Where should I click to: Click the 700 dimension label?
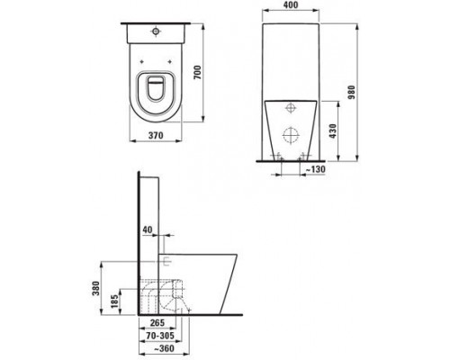[x=197, y=72]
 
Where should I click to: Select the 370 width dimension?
[x=156, y=135]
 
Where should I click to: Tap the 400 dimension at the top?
[x=291, y=5]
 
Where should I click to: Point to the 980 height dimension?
[x=352, y=93]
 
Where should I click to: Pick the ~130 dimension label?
[x=315, y=169]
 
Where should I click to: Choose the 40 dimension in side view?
[x=148, y=229]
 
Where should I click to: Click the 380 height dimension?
[x=95, y=288]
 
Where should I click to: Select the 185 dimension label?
[x=114, y=301]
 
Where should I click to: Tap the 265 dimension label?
[x=157, y=323]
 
